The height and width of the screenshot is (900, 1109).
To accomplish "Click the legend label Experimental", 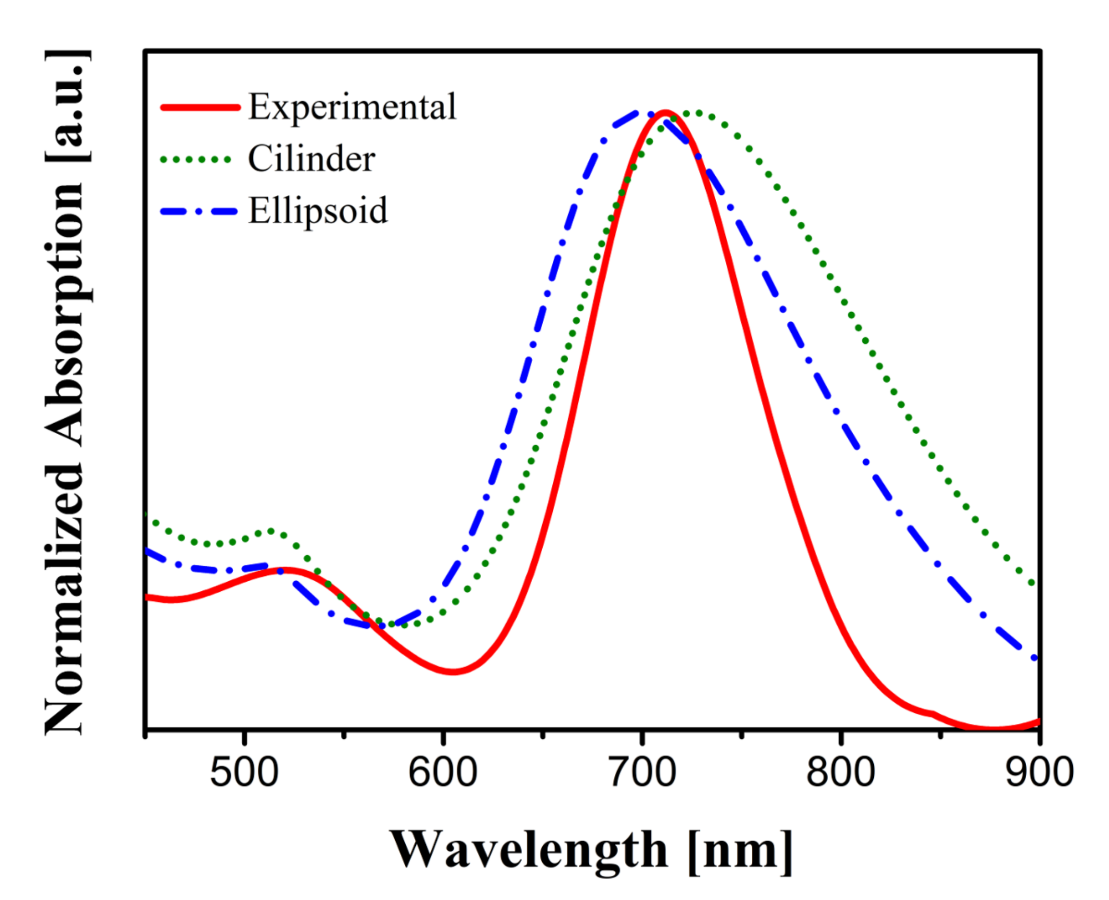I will point(352,107).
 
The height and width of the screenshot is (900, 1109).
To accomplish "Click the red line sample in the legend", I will point(201,107).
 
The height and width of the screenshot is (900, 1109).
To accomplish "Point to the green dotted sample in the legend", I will point(196,160).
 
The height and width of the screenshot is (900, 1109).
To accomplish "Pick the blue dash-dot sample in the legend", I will point(199,211).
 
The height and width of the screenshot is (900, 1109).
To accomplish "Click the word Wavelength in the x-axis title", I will point(528,849).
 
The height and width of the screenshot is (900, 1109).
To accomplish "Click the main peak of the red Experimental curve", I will point(665,112).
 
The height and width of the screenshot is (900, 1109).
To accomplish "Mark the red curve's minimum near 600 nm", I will point(453,672).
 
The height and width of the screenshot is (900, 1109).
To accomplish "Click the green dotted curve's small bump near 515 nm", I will point(271,531).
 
